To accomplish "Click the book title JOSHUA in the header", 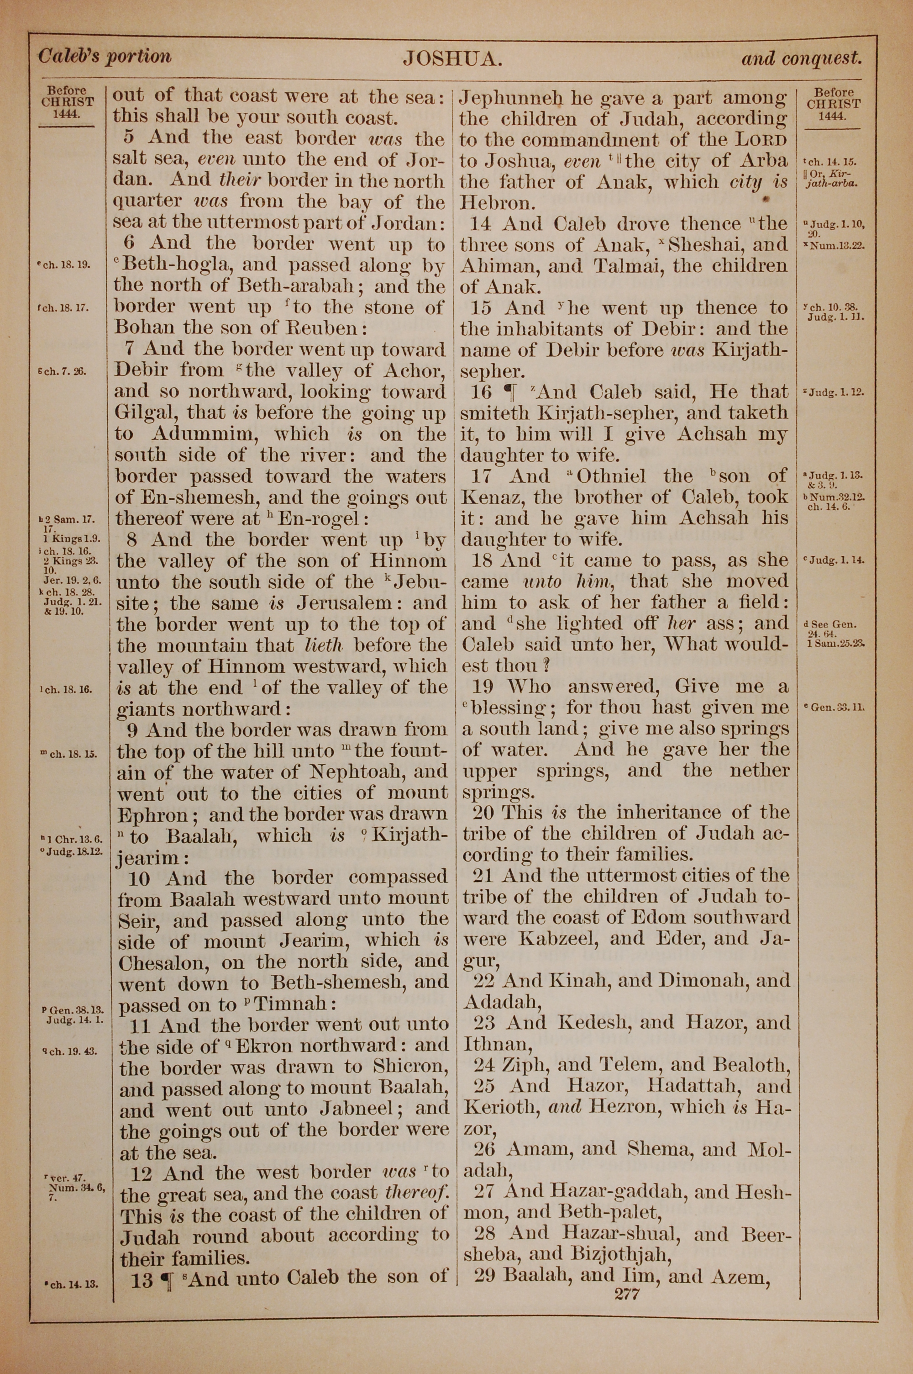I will coord(452,59).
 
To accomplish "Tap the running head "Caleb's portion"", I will coord(105,57).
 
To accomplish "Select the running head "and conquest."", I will coord(801,58).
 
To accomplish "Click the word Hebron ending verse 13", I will coord(497,203).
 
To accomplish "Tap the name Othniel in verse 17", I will coord(611,476).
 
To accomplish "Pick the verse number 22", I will coord(484,981).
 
